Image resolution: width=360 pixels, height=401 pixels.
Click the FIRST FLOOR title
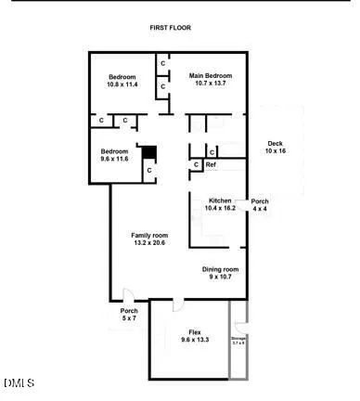(170, 28)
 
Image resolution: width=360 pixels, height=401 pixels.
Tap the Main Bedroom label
(211, 75)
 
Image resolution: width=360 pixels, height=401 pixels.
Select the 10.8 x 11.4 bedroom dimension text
(122, 84)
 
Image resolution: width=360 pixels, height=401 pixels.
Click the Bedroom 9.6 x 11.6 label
(115, 151)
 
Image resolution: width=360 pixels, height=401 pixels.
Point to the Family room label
(148, 234)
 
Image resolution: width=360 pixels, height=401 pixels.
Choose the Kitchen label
(220, 200)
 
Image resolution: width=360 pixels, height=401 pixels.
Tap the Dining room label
(221, 269)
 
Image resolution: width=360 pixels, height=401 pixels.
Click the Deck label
(276, 143)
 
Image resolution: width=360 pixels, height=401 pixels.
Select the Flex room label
(195, 331)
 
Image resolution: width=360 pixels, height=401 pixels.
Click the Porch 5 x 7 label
(129, 311)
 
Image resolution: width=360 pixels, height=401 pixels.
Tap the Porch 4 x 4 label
(260, 201)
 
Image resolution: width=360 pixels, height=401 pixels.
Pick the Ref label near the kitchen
(211, 165)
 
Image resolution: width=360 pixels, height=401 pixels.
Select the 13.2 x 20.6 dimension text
(148, 242)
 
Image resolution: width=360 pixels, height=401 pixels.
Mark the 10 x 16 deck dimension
(276, 150)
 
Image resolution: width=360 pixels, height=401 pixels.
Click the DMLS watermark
(19, 382)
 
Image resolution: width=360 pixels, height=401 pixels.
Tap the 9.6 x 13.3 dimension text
(195, 340)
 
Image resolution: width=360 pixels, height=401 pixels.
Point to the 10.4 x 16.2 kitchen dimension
(221, 209)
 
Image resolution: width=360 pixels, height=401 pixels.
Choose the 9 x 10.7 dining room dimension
(222, 278)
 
